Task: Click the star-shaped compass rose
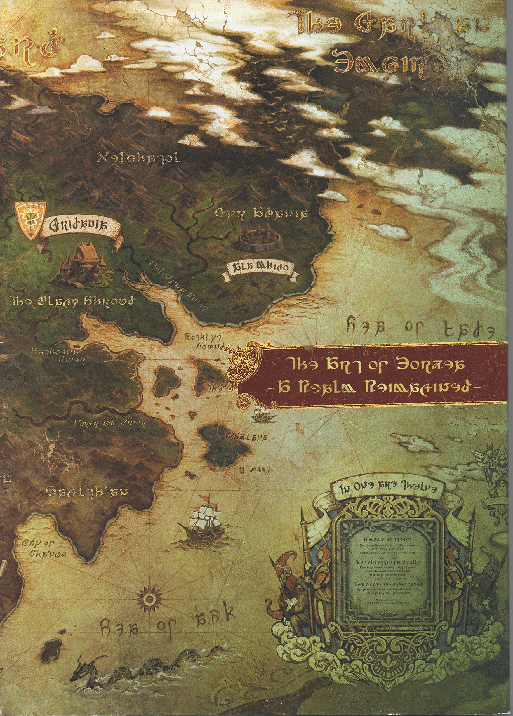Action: tap(148, 572)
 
